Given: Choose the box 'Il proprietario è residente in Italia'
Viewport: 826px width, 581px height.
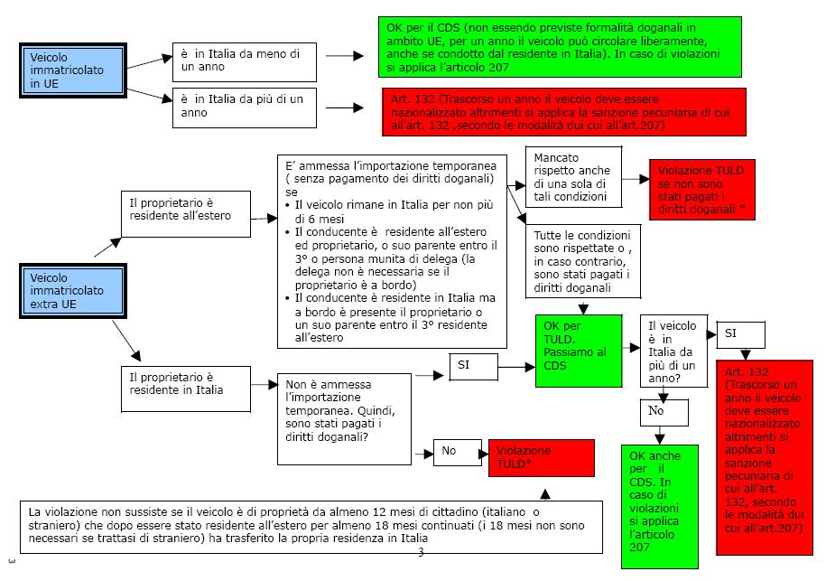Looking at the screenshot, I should (x=185, y=384).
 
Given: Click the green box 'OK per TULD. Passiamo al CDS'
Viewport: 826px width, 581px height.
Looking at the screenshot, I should (x=567, y=351).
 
